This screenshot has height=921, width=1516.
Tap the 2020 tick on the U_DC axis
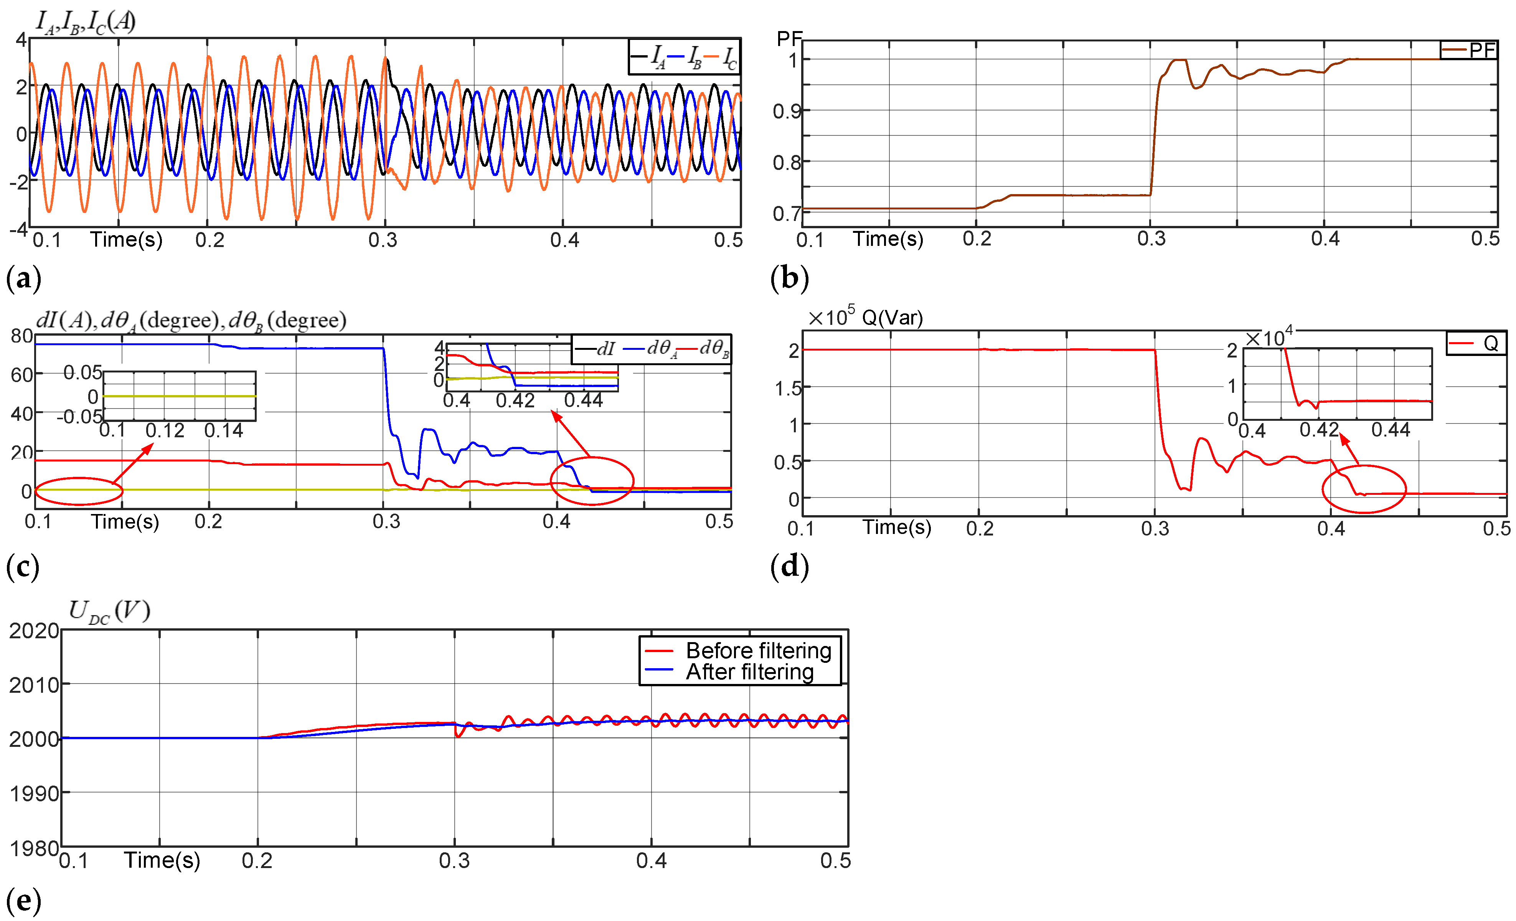(33, 631)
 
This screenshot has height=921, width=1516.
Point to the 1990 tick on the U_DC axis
(33, 794)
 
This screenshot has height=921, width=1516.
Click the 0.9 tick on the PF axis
(786, 111)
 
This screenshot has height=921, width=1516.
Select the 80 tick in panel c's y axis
(21, 336)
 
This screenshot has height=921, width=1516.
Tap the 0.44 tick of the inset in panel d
(1391, 430)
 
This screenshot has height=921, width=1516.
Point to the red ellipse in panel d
(1364, 489)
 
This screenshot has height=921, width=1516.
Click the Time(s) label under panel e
(162, 860)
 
